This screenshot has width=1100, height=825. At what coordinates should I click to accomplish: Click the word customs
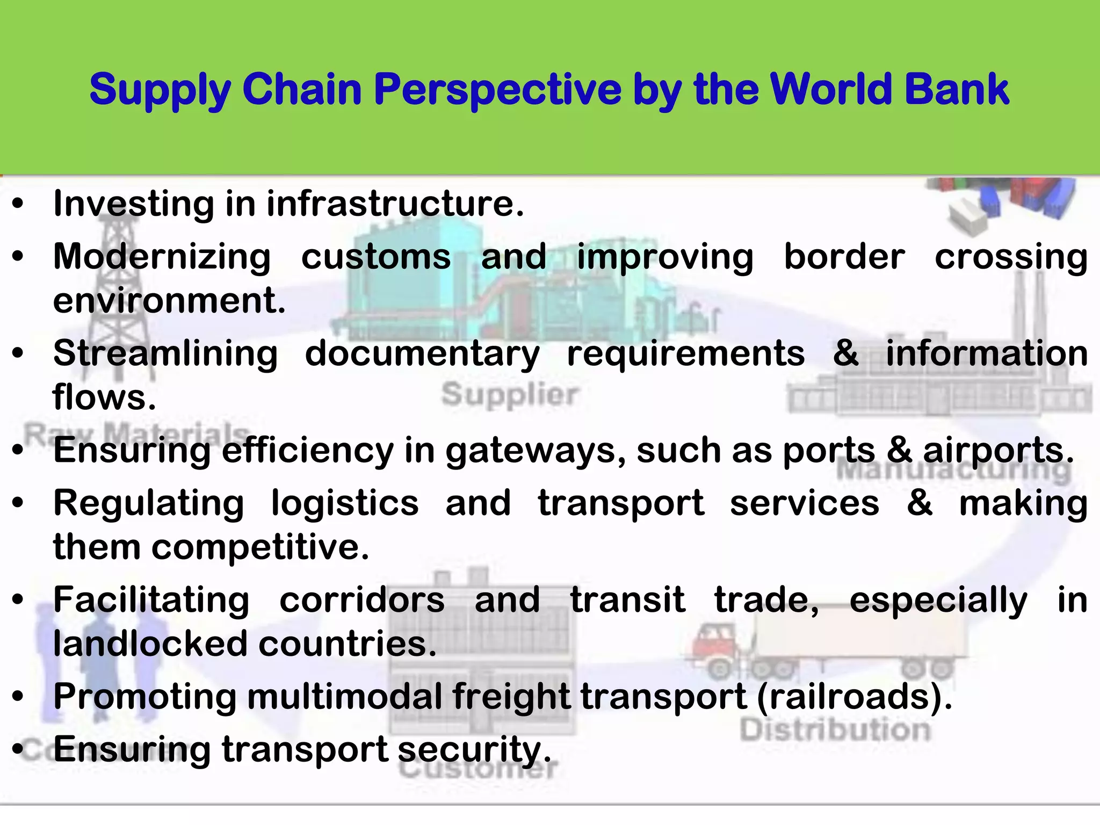375,257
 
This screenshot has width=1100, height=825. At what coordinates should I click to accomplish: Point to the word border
844,257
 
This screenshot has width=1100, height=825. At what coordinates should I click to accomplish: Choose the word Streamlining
165,354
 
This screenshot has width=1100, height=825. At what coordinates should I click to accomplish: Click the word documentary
422,354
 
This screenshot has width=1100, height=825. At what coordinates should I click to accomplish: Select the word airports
998,450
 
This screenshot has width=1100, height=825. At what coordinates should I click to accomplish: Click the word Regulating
149,504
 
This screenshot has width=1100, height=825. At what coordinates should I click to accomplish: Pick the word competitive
260,547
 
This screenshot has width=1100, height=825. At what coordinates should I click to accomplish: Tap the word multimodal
344,697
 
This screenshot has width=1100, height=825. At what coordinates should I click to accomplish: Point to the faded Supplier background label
510,395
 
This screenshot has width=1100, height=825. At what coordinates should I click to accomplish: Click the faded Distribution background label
835,730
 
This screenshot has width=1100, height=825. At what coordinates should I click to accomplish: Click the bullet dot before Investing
18,204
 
